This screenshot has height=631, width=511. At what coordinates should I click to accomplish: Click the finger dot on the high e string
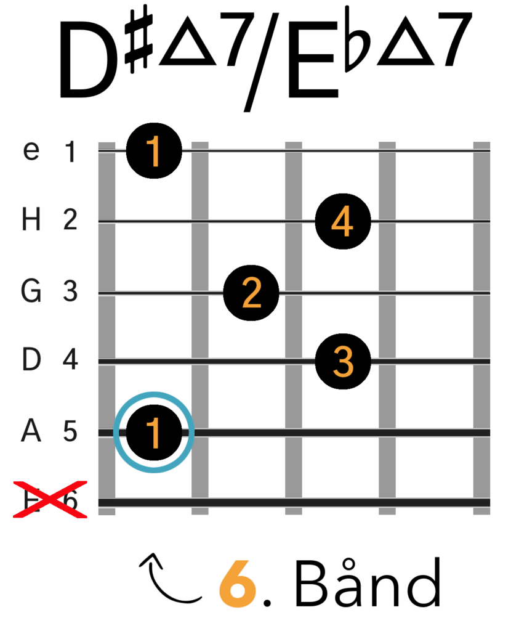coord(154,151)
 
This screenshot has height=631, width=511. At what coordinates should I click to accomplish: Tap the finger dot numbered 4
coord(342,221)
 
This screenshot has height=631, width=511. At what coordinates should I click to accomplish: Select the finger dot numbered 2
coord(251,293)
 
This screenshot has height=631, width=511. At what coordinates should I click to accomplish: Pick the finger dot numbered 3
coord(342,361)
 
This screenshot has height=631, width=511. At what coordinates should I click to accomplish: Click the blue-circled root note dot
coord(154,432)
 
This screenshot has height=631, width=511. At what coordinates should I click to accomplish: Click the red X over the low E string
coord(50,499)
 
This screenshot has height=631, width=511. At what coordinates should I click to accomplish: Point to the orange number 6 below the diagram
coord(237,584)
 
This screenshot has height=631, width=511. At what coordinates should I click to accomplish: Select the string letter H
coord(31,220)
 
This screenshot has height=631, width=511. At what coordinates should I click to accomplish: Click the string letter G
coord(31,291)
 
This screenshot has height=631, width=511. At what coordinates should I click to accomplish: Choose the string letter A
coord(31,431)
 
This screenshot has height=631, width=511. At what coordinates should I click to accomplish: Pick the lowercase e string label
coord(31,151)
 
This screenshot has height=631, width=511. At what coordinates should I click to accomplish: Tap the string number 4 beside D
coord(70,359)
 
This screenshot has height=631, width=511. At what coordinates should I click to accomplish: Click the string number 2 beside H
coord(70,220)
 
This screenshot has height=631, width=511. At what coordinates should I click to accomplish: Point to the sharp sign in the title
coord(139,38)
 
